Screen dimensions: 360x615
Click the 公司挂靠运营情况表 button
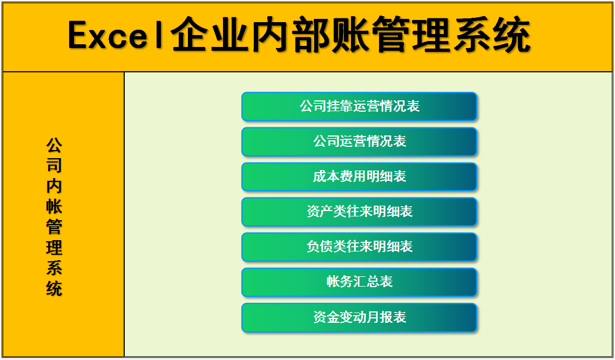[x=359, y=106]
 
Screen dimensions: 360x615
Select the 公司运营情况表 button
[x=359, y=141]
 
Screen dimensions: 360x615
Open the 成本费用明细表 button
[x=359, y=176]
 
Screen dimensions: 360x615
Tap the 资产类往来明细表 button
[x=359, y=212]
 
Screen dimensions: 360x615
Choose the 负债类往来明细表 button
[x=359, y=247]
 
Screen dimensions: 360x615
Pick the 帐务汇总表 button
[x=359, y=282]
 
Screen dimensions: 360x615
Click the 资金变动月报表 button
[x=359, y=317]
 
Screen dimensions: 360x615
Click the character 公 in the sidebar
[x=54, y=145]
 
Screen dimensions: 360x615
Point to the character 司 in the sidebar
[x=54, y=166]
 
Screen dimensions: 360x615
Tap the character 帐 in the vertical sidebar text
[x=54, y=207]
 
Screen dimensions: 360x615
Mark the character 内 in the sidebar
[x=54, y=186]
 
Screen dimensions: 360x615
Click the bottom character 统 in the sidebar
[x=54, y=288]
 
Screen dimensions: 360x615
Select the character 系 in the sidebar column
[x=54, y=268]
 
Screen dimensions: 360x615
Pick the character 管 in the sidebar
[x=54, y=227]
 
